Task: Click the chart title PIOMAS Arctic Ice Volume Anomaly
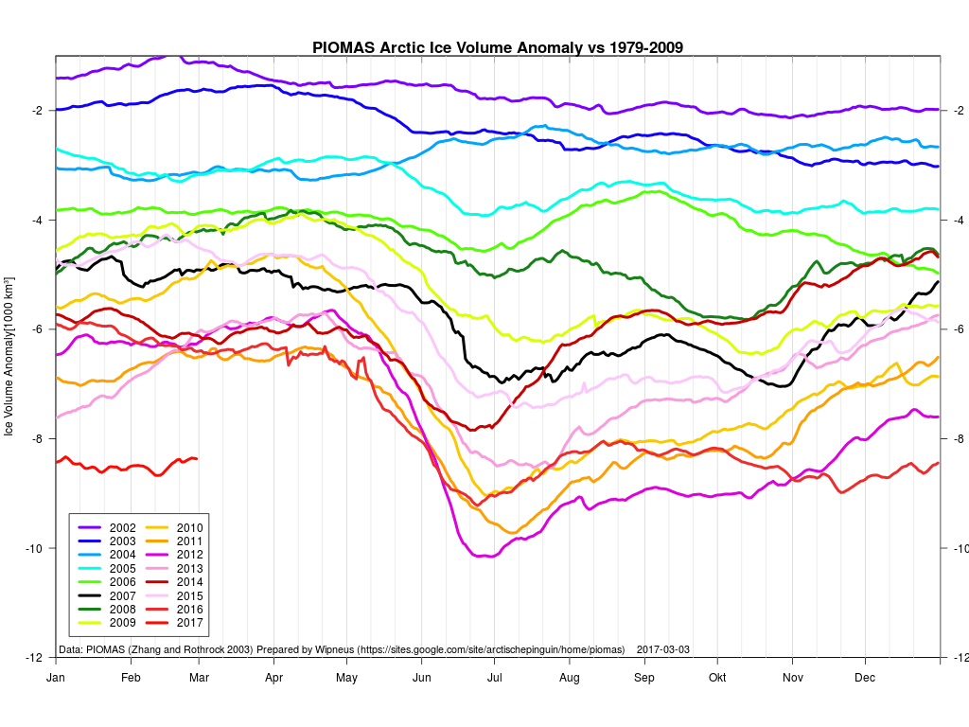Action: point(498,47)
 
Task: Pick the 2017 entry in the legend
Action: point(176,623)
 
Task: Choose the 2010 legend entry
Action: point(176,527)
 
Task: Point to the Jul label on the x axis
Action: point(495,678)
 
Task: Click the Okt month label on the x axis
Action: point(717,678)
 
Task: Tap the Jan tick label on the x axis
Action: point(55,678)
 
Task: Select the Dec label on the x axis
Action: point(865,678)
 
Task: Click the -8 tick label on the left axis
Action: point(36,439)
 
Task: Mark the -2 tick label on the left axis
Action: point(36,111)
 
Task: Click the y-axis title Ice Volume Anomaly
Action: point(10,356)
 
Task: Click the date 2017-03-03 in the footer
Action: point(663,650)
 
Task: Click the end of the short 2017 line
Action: point(196,458)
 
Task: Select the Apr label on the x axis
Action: point(274,678)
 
